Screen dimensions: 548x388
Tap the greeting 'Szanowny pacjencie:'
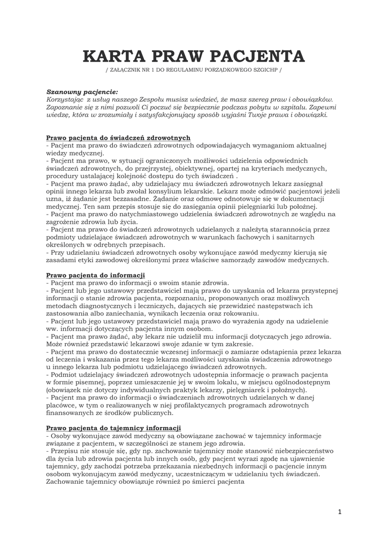[82, 92]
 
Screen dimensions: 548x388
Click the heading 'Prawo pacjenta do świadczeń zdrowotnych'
[118, 138]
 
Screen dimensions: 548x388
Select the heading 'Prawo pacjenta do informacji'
[96, 275]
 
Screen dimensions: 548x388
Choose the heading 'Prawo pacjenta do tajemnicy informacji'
[113, 428]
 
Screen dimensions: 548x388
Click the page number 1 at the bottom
[339, 512]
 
